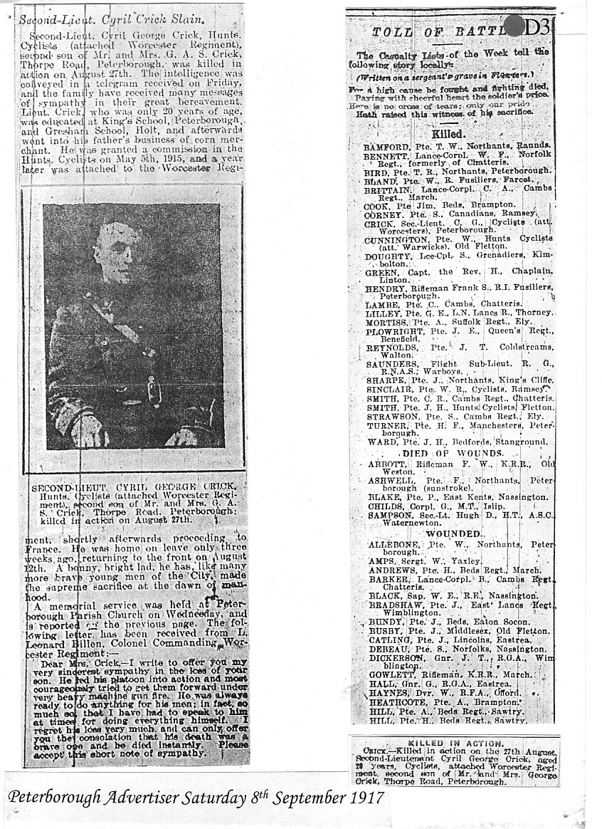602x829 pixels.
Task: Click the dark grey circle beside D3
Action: click(x=513, y=26)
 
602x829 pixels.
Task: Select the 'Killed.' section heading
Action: click(x=449, y=133)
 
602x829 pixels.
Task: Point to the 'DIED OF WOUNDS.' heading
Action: click(x=453, y=453)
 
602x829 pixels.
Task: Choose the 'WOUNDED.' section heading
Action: click(x=453, y=533)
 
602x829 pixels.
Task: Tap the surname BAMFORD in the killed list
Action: click(x=385, y=147)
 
